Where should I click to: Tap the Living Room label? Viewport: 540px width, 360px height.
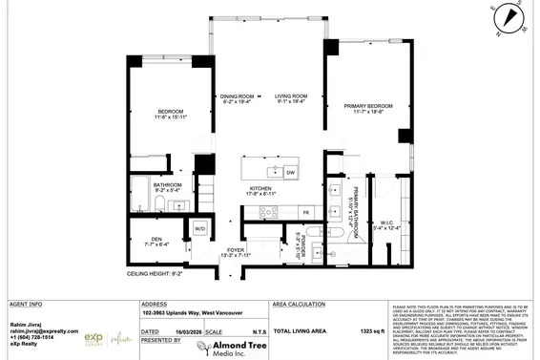point(291,96)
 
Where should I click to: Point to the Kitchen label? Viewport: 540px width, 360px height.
point(262,189)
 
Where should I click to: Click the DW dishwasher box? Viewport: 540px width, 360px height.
point(290,172)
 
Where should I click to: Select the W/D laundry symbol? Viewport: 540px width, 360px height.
point(201,230)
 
